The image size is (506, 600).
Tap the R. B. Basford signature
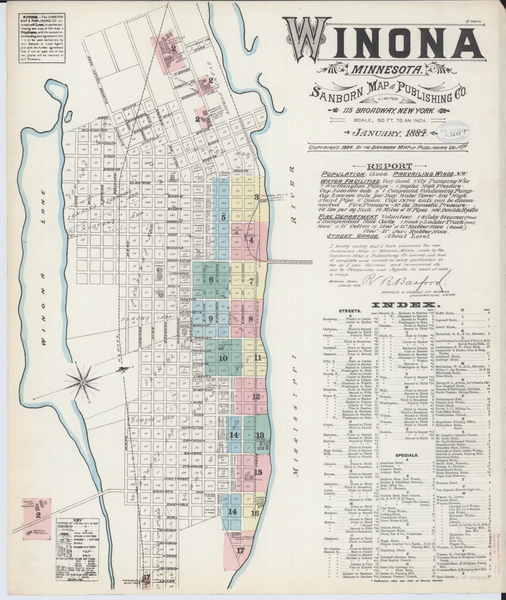point(405,279)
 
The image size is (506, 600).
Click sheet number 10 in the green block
point(223,358)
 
